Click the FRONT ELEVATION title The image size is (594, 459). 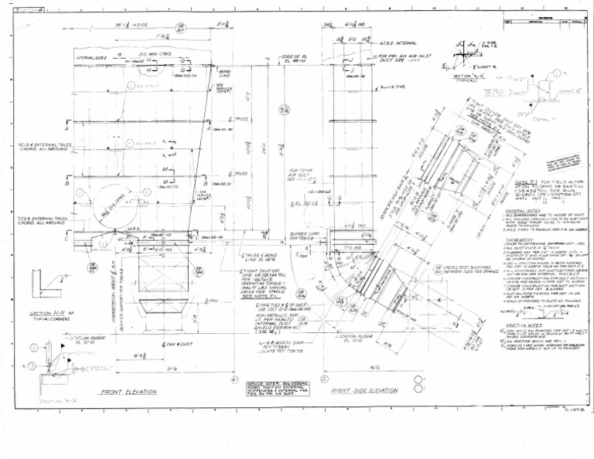pyautogui.click(x=129, y=393)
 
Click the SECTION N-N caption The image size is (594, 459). pyautogui.click(x=46, y=313)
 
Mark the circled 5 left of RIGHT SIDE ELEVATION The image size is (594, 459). pyautogui.click(x=323, y=379)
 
